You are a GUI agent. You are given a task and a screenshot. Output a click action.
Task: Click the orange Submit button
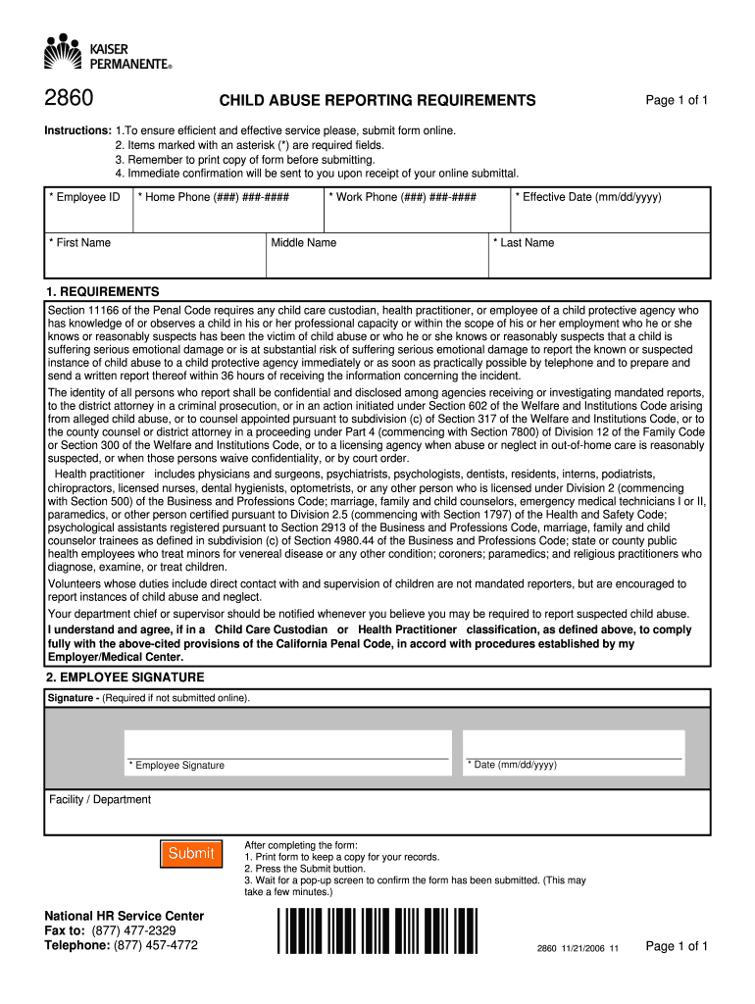tap(191, 853)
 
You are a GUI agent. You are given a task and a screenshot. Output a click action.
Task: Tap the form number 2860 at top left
tap(68, 100)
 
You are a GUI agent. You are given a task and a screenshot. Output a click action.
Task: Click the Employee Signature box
tap(287, 744)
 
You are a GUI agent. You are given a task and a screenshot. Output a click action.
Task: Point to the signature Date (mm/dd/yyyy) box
tap(574, 744)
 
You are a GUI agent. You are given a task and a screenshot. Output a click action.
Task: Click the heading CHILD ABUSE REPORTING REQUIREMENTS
tap(377, 101)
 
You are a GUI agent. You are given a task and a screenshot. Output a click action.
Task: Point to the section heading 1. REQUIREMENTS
tap(102, 292)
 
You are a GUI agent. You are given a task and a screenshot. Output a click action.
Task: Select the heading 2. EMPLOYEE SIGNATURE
tap(125, 678)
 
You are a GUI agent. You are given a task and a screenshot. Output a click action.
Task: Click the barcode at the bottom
tap(377, 931)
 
